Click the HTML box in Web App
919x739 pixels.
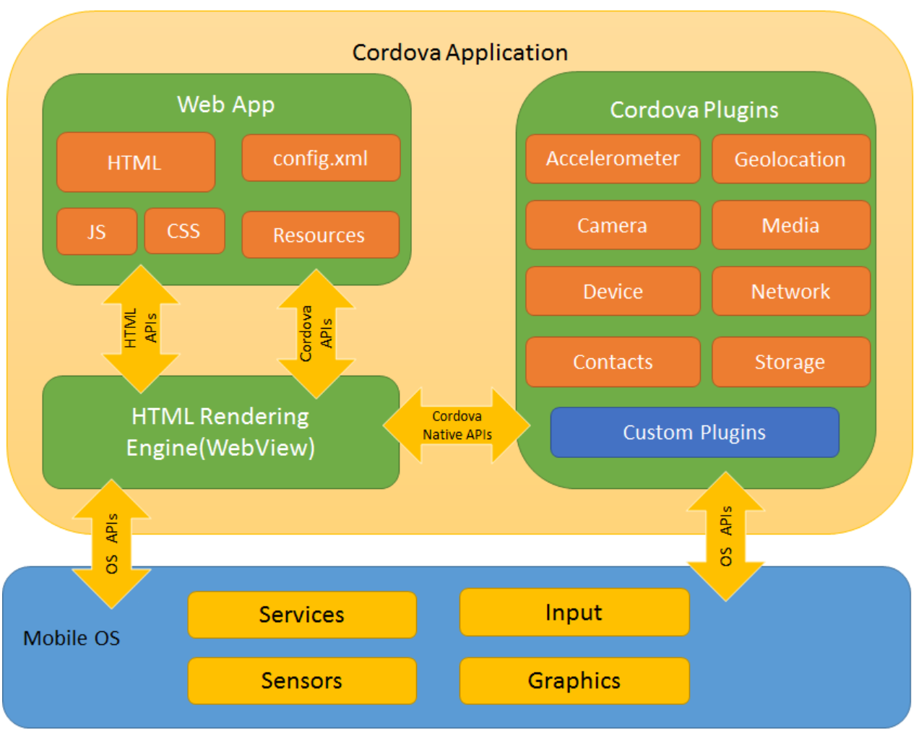136,163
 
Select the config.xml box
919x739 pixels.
321,158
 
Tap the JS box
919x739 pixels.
97,232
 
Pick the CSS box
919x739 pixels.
184,231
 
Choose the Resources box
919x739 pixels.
320,235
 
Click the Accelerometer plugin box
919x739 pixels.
613,159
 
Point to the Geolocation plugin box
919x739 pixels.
790,160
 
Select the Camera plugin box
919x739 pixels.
613,225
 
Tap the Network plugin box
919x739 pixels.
790,291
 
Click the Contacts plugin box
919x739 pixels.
613,362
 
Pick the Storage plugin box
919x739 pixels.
790,362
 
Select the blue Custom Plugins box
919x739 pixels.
694,433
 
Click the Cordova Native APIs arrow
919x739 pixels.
457,425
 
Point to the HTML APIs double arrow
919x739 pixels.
141,329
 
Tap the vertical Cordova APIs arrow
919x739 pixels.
316,333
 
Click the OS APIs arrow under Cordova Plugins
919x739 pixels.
725,536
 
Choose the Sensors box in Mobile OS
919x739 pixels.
302,680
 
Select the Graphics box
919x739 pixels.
574,680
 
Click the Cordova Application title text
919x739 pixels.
459,53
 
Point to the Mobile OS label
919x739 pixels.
72,638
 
